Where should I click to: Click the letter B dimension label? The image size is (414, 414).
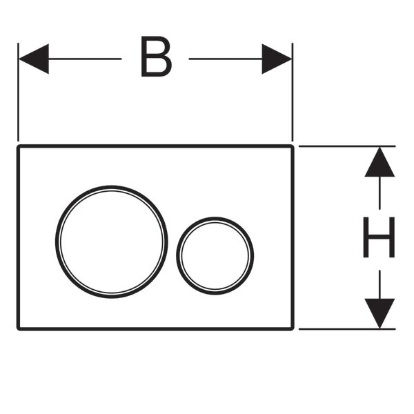click(157, 57)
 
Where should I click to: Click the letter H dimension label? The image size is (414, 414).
click(379, 237)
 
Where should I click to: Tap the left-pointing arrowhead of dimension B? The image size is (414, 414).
click(34, 59)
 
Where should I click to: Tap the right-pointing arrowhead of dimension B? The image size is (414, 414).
click(277, 59)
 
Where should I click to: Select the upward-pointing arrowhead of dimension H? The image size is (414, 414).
click(379, 162)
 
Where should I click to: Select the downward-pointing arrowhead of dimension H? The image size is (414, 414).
click(379, 313)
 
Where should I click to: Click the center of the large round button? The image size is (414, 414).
click(111, 242)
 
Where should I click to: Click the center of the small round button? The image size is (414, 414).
click(215, 255)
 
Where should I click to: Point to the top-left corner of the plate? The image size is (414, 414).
click(18, 146)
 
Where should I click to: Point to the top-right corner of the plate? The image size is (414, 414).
click(293, 146)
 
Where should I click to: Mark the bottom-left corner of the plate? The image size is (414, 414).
click(18, 329)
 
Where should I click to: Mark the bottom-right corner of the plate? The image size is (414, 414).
click(293, 329)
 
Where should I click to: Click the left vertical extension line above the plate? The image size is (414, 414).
click(18, 92)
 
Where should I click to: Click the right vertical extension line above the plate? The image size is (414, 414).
click(293, 92)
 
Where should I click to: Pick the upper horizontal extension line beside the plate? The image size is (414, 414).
click(347, 146)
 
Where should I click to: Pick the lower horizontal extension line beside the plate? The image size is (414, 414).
click(347, 329)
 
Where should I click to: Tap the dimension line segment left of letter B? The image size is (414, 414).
click(85, 59)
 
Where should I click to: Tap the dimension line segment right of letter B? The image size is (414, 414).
click(226, 59)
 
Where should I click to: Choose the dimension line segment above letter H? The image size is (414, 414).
click(379, 193)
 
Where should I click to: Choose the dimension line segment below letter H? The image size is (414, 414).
click(379, 284)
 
